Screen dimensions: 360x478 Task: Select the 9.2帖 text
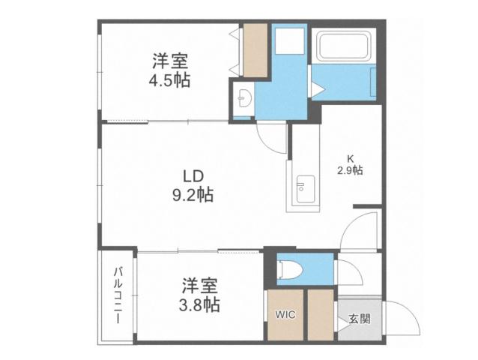point(193,196)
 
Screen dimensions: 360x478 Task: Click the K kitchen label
point(349,158)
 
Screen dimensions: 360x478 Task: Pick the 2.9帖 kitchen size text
point(349,171)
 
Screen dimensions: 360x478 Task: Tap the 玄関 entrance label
point(358,318)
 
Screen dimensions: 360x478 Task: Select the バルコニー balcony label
point(118,296)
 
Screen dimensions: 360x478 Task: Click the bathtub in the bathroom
point(345,48)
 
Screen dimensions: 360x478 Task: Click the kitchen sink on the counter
point(303,185)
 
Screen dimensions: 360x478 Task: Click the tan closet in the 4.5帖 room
point(254,49)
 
